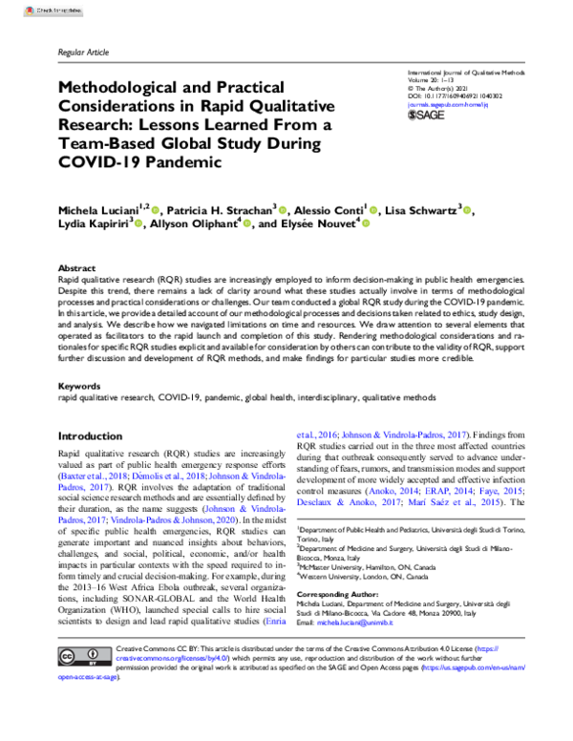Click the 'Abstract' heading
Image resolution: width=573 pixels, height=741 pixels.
tap(77, 269)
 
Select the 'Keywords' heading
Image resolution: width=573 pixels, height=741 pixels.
tap(80, 386)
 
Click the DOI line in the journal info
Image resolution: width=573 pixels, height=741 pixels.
tap(454, 97)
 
